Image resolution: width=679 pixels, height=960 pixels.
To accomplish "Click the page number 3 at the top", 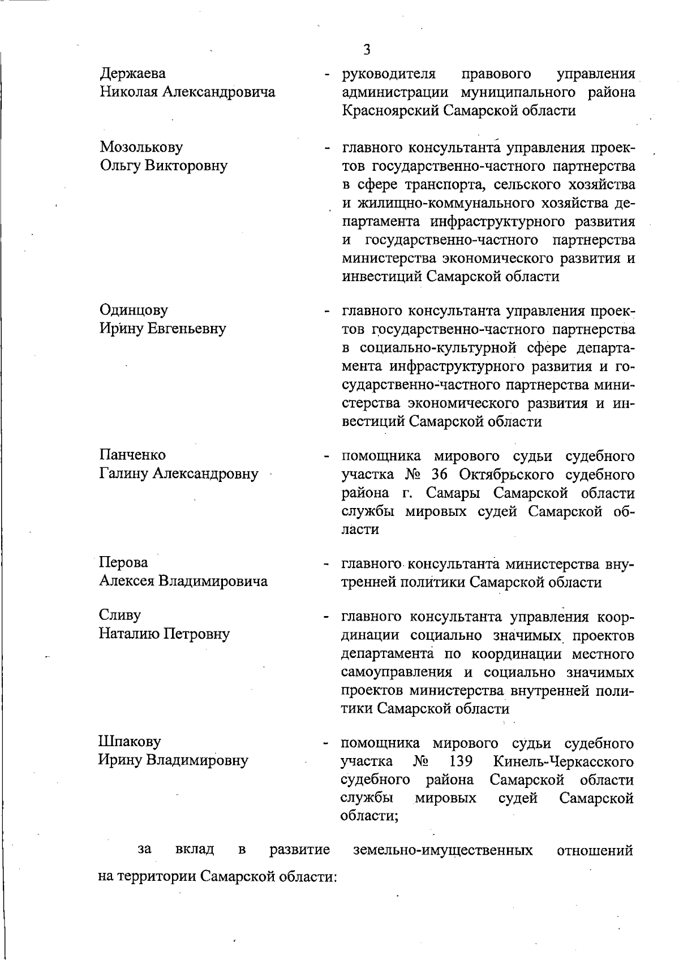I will point(367,50).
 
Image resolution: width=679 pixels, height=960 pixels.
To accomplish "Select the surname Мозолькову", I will point(141,148).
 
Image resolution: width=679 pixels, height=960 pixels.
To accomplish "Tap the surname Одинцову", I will point(134,311).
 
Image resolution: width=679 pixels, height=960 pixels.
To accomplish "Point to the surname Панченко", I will point(132,455).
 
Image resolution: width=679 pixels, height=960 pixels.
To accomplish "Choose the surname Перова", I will point(124,563).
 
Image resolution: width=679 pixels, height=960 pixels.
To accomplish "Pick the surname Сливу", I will point(120,615).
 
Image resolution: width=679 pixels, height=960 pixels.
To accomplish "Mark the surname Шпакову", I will point(130,742).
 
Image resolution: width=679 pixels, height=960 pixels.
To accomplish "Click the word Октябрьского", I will point(517,475).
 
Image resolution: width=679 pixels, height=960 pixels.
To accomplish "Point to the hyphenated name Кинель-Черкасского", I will point(564,761).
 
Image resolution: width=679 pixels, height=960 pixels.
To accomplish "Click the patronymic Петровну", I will point(196,634).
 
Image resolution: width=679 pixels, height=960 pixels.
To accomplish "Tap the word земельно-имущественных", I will point(442,850).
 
